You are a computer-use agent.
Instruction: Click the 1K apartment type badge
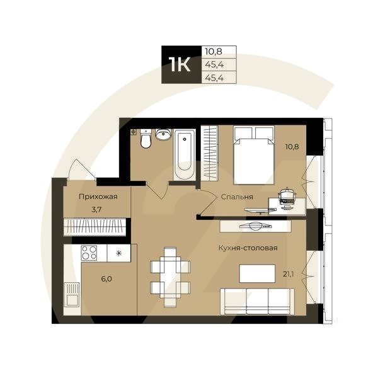tap(180, 65)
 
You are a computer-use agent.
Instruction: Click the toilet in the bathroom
tap(146, 139)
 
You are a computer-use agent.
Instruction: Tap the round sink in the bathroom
tap(163, 135)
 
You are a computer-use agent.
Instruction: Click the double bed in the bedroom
tap(253, 154)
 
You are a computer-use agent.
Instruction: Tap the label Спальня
tap(237, 197)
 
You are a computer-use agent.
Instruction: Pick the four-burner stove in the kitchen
tap(89, 253)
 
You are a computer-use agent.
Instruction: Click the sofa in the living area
tap(258, 301)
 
